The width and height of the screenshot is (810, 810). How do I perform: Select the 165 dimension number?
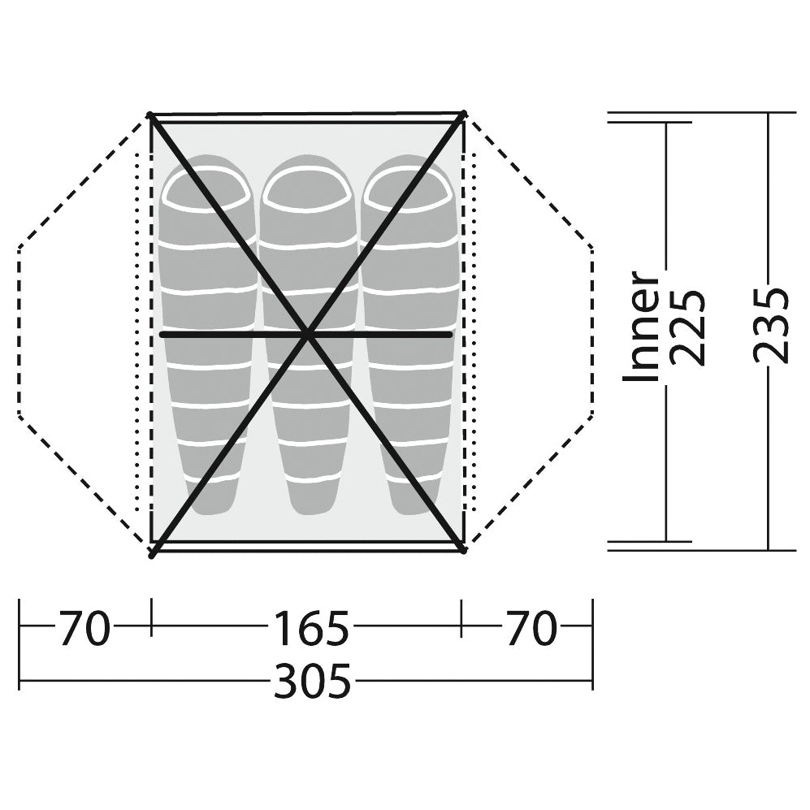click(311, 628)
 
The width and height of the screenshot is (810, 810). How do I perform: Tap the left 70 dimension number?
click(84, 628)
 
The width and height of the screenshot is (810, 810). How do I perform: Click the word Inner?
click(642, 326)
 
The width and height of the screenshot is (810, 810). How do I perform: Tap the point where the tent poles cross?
click(308, 335)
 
